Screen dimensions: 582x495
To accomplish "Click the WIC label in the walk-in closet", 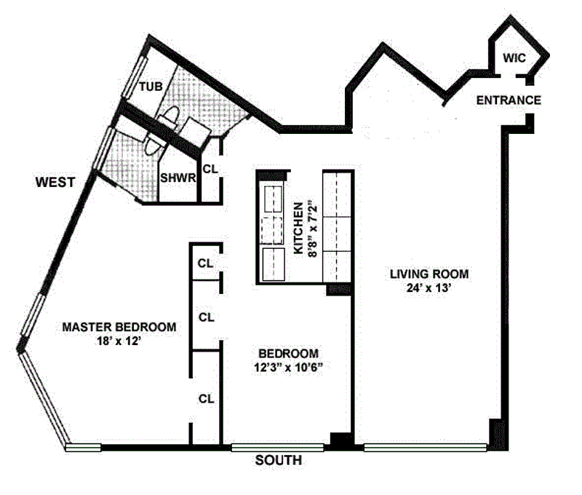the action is [514, 58].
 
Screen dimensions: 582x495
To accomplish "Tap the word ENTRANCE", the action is [509, 100].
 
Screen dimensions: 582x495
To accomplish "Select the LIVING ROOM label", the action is [429, 274].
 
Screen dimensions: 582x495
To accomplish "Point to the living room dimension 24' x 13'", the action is [428, 288].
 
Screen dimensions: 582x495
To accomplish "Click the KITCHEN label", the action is [298, 228].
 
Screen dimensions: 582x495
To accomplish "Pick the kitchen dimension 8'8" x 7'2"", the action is [313, 229].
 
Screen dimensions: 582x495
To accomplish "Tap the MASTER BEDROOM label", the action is [119, 327].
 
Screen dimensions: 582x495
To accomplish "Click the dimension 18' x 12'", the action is [119, 341].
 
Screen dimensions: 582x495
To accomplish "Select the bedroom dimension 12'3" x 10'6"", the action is [288, 368].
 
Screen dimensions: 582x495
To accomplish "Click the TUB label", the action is [151, 87].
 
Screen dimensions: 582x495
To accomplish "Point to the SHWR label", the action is [178, 178].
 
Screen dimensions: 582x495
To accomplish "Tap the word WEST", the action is [55, 182].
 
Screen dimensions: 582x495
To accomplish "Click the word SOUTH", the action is [279, 461].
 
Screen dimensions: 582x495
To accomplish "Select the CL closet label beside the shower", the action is [210, 169].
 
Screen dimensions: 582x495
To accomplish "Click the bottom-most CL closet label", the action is [207, 399].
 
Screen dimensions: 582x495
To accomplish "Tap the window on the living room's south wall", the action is [426, 448].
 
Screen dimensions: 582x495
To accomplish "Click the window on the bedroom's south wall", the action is [277, 448].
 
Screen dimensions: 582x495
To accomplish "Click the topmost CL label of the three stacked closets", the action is [206, 264].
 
